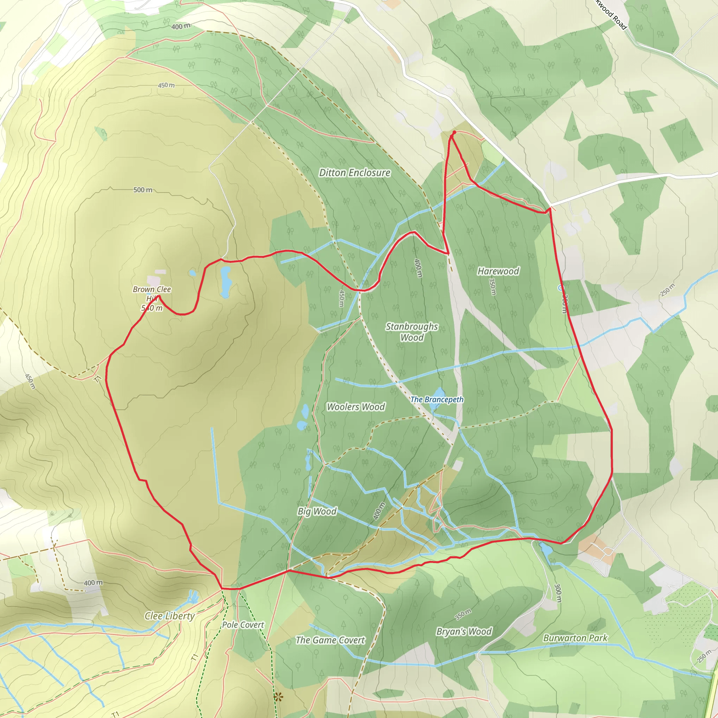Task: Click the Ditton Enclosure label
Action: click(354, 173)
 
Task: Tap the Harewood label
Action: click(499, 271)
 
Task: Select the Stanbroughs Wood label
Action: click(412, 332)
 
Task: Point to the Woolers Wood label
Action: click(355, 407)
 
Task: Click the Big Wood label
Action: click(317, 512)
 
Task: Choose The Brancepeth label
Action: click(437, 400)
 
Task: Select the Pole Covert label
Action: click(243, 625)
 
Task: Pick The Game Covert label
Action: click(330, 640)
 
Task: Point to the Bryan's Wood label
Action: click(464, 632)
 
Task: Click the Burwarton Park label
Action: click(575, 638)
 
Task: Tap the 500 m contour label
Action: click(143, 190)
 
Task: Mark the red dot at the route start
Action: click(454, 132)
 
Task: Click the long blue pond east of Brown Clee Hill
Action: click(225, 281)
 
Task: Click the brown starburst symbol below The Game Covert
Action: click(278, 697)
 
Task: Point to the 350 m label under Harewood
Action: click(493, 287)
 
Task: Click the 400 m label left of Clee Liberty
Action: click(93, 583)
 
